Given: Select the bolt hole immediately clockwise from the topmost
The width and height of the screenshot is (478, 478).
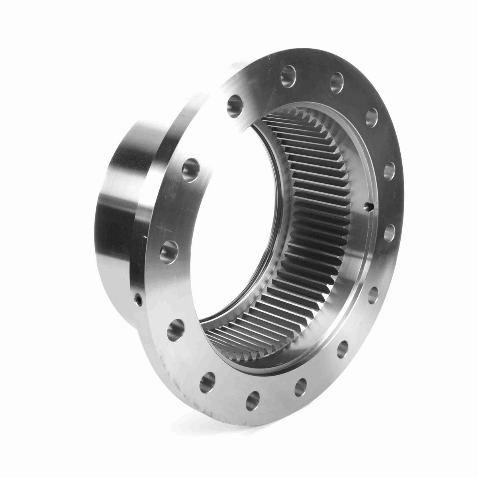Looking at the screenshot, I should click(x=337, y=81).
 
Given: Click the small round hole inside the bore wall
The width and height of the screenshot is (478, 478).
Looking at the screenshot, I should click(x=369, y=206).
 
